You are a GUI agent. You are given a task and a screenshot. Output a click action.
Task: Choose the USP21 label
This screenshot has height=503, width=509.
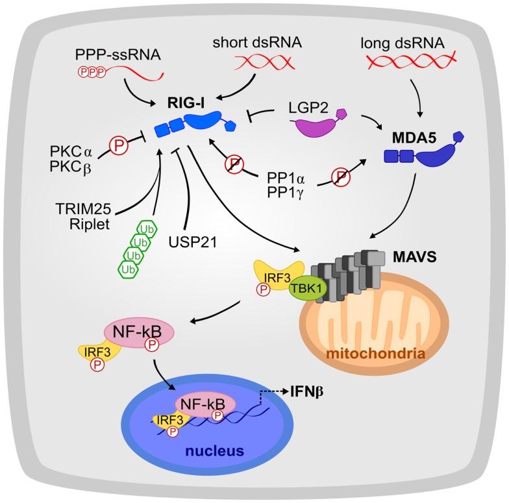click(x=202, y=241)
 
